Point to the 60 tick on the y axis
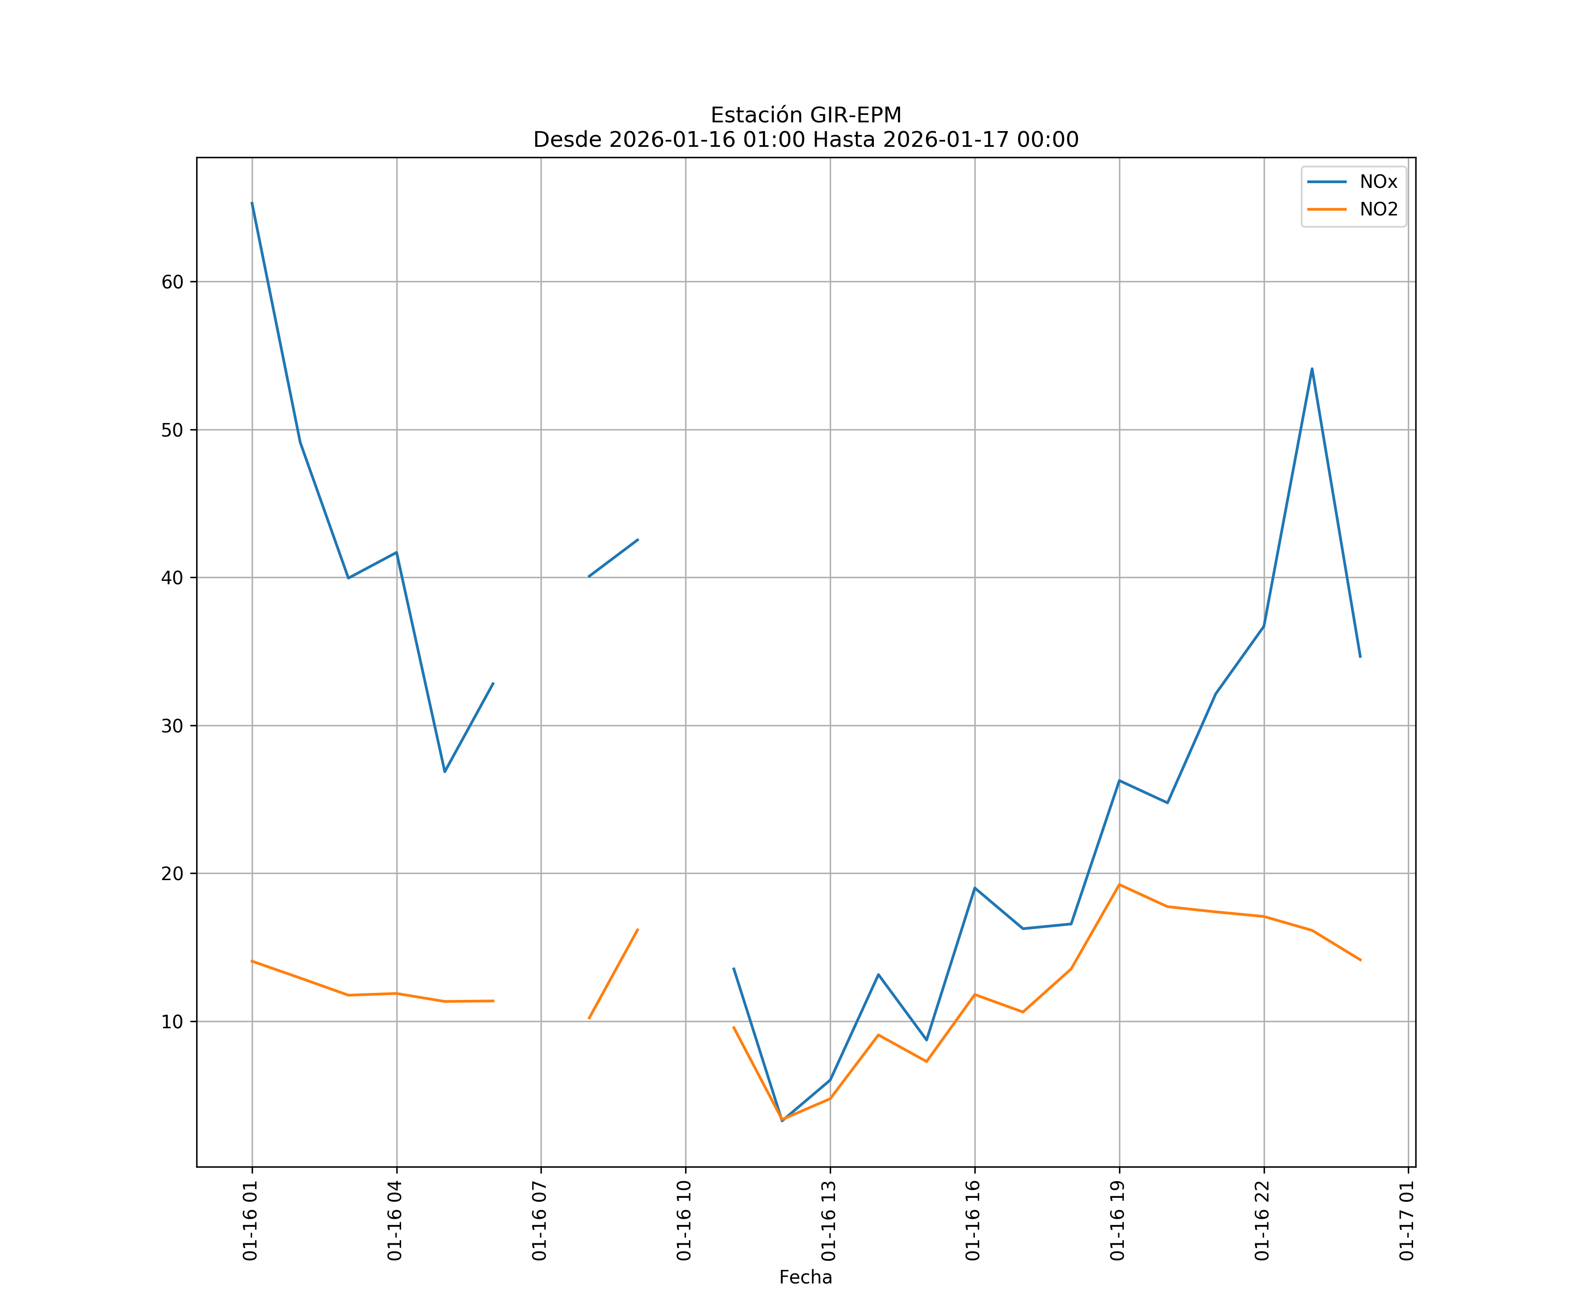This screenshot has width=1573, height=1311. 172,282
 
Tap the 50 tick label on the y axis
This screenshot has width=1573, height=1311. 172,430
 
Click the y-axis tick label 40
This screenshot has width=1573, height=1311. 172,578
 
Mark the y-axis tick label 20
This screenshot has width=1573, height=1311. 172,874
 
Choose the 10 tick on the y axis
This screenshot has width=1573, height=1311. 172,1022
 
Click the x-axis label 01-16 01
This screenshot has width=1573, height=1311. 250,1221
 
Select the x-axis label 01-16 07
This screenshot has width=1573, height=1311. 539,1221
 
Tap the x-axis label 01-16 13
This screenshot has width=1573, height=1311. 828,1221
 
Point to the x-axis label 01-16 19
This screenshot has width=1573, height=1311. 1118,1221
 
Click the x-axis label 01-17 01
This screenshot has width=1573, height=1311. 1407,1221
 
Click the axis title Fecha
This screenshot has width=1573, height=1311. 805,1277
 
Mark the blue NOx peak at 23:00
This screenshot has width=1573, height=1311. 1312,368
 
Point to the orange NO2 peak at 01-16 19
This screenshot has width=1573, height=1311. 1119,885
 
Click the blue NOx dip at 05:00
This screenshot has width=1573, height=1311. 445,772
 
